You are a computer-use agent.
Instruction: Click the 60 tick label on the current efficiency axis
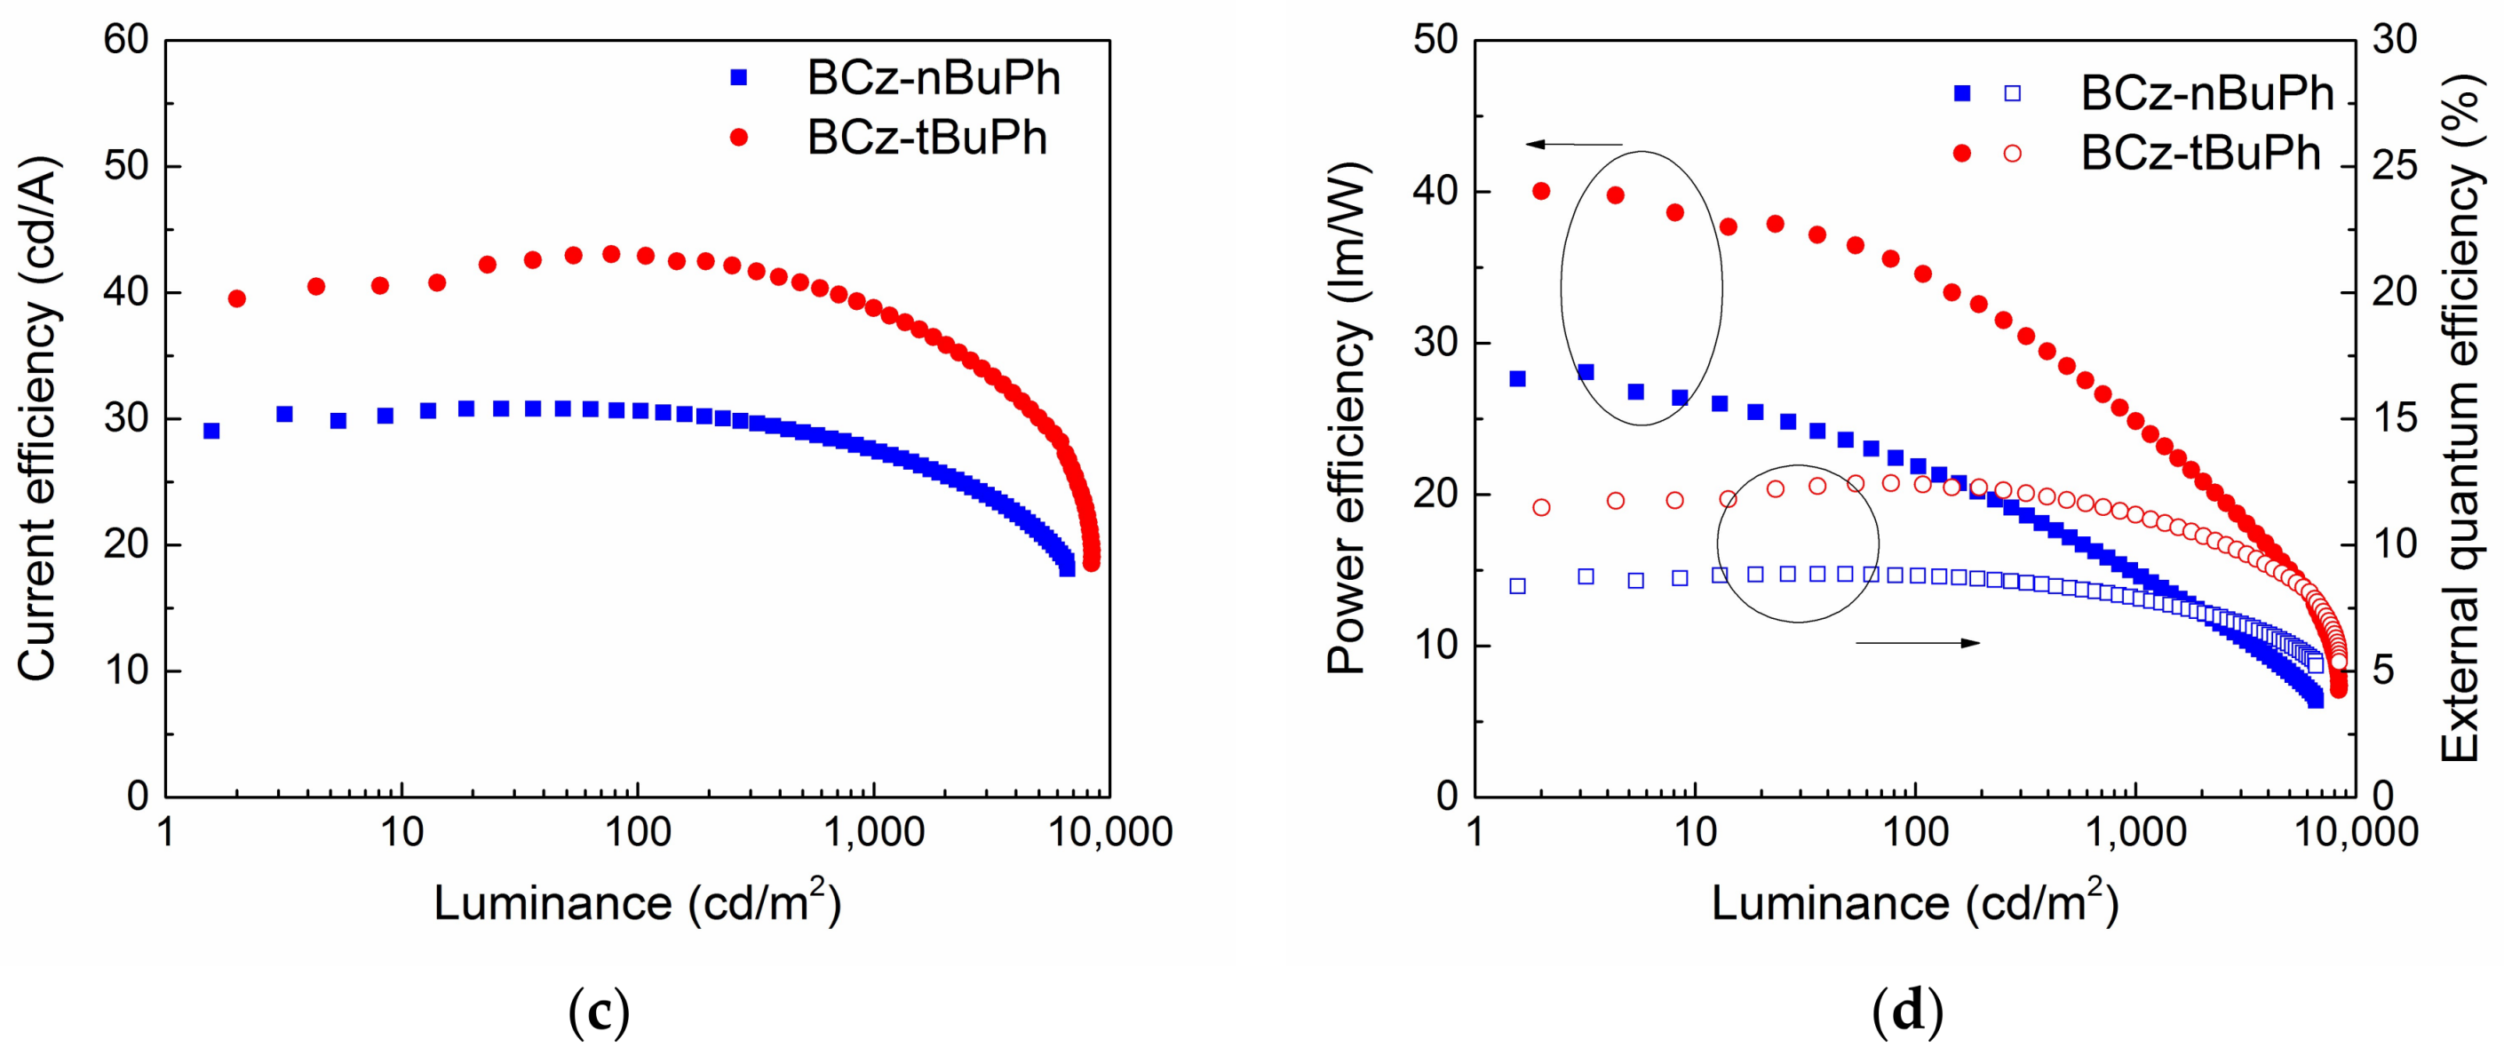click(x=125, y=41)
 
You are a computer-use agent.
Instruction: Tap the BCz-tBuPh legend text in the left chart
click(x=926, y=138)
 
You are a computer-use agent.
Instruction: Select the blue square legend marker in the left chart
click(x=739, y=78)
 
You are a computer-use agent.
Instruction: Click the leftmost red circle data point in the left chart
click(x=236, y=298)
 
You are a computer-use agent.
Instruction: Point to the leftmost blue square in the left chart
click(x=211, y=431)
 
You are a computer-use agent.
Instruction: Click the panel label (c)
click(x=598, y=1011)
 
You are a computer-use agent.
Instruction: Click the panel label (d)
click(x=1907, y=1011)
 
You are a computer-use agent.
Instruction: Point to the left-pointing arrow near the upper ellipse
click(x=1574, y=145)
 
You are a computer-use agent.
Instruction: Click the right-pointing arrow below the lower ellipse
click(x=1917, y=642)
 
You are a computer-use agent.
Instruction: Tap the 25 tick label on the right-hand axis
click(x=2394, y=166)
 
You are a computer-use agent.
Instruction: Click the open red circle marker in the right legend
click(x=2012, y=154)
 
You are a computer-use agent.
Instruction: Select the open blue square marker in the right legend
click(x=2012, y=93)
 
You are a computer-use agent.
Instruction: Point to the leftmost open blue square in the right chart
click(x=1517, y=586)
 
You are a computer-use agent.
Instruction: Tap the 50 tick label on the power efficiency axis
click(x=1435, y=41)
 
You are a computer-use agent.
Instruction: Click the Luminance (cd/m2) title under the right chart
click(x=1914, y=901)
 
